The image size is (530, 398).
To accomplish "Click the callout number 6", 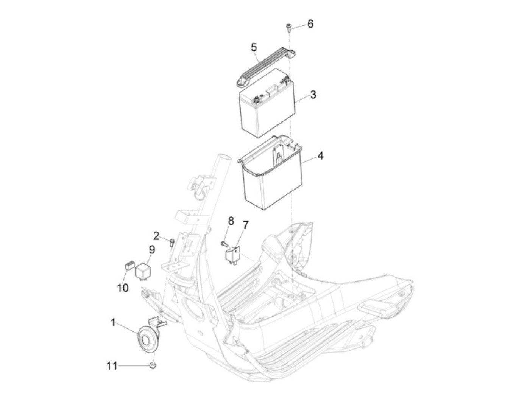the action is point(310,24).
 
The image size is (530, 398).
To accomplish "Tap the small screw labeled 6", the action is point(288,28).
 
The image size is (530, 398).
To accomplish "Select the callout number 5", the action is point(254,47).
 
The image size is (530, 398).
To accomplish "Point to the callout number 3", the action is point(313,95).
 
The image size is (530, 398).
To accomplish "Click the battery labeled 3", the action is point(267,103).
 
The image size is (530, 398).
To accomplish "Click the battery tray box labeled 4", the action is point(270,173).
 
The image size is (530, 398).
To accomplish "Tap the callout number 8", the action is point(231,221).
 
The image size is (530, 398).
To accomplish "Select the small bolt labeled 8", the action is point(224,244).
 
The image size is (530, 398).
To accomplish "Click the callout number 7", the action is point(245,225).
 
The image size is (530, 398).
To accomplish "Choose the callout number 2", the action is point(156,236).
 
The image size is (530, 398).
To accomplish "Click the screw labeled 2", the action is point(172,243).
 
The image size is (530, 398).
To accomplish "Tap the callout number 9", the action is point(152,250).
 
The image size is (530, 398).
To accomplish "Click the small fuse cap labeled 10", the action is point(130,266).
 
